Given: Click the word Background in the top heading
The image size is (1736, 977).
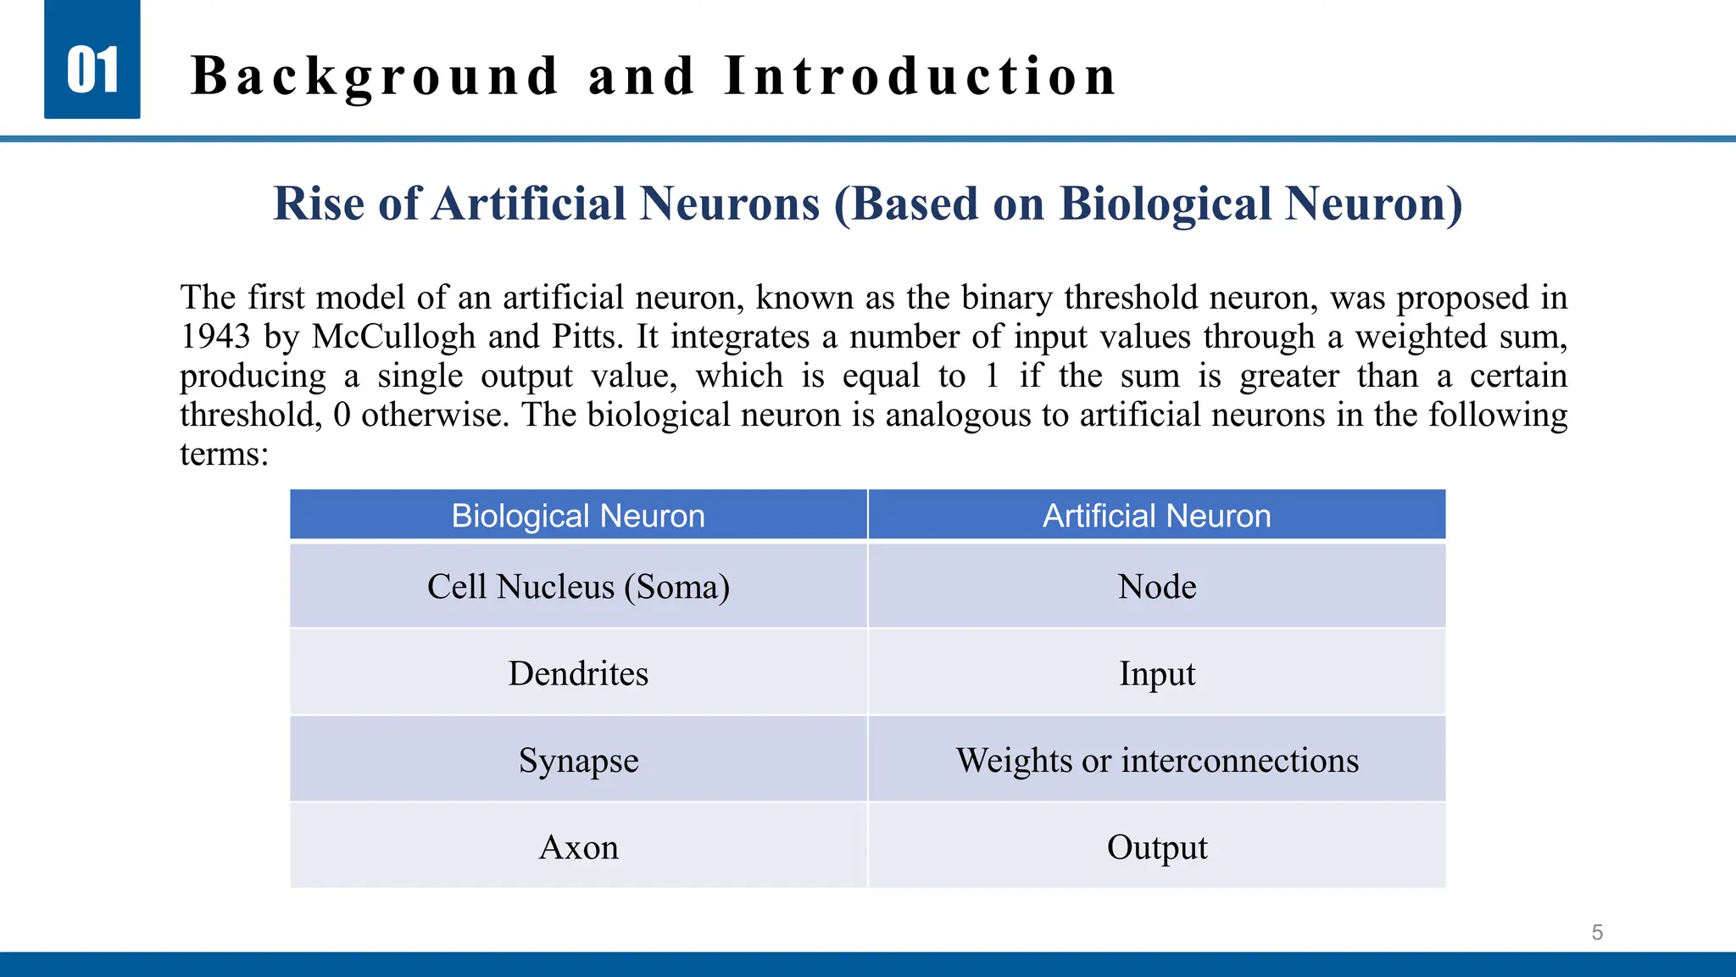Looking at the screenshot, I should (x=375, y=76).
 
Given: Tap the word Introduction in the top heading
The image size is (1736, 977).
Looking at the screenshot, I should (x=921, y=76).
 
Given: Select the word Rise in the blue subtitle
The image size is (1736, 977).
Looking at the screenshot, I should (x=319, y=204).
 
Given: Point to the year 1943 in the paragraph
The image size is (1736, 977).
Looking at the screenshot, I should (x=215, y=337).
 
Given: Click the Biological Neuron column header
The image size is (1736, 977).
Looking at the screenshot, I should (x=578, y=516).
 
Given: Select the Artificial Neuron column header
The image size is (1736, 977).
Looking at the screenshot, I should (x=1156, y=516).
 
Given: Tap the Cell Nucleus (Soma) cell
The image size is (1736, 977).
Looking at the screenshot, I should (x=578, y=587).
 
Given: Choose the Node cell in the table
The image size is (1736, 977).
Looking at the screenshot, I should (x=1157, y=587).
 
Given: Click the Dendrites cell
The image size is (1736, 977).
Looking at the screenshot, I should (x=578, y=673).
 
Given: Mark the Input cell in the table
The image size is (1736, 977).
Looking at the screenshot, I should (x=1157, y=673).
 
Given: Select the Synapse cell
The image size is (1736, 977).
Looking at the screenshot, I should (x=578, y=761).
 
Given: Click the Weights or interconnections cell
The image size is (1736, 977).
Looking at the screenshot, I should (x=1157, y=761).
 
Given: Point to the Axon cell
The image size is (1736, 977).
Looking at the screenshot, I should (x=578, y=847).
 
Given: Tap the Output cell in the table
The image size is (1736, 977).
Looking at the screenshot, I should (x=1157, y=847).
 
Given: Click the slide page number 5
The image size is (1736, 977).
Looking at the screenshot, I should (x=1597, y=933).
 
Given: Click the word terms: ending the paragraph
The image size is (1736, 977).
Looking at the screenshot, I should (x=225, y=454).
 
